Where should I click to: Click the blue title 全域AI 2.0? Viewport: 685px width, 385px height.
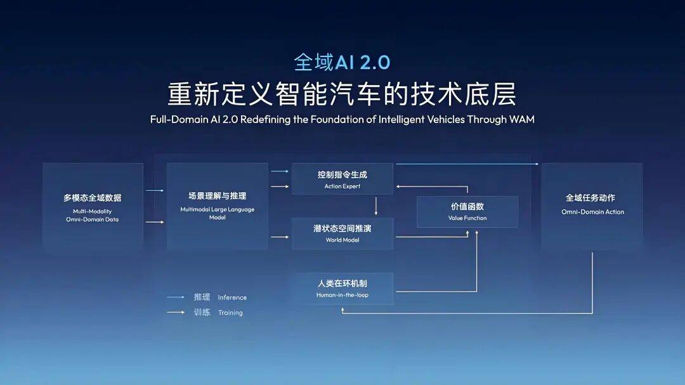pos(342,62)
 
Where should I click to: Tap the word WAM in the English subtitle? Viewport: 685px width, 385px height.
pos(521,119)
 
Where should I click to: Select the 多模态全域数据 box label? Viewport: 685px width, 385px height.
pos(92,198)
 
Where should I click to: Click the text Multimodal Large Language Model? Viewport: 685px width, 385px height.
pos(216,213)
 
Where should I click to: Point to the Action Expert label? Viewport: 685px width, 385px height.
pos(342,186)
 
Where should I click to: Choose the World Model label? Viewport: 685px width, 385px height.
pos(342,240)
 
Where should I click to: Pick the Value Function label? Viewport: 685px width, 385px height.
pos(467,218)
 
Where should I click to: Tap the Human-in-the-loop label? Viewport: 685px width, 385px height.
pos(342,295)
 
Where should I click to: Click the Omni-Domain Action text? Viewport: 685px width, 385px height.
pos(592,212)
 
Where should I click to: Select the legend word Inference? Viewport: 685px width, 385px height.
pos(232,297)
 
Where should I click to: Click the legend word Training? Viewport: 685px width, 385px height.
pos(230,313)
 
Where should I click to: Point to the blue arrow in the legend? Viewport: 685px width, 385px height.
pos(176,297)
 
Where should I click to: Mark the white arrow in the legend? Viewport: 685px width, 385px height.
pos(176,312)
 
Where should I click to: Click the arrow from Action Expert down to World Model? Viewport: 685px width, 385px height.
pos(376,206)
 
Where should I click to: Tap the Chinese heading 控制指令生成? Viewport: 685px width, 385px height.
pos(342,174)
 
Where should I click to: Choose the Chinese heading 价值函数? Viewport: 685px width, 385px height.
pos(467,207)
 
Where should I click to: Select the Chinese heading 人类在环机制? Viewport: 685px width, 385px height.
pos(342,284)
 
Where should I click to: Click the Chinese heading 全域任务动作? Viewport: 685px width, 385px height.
pos(592,198)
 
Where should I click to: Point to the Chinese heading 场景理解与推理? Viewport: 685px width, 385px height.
pos(217,196)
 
